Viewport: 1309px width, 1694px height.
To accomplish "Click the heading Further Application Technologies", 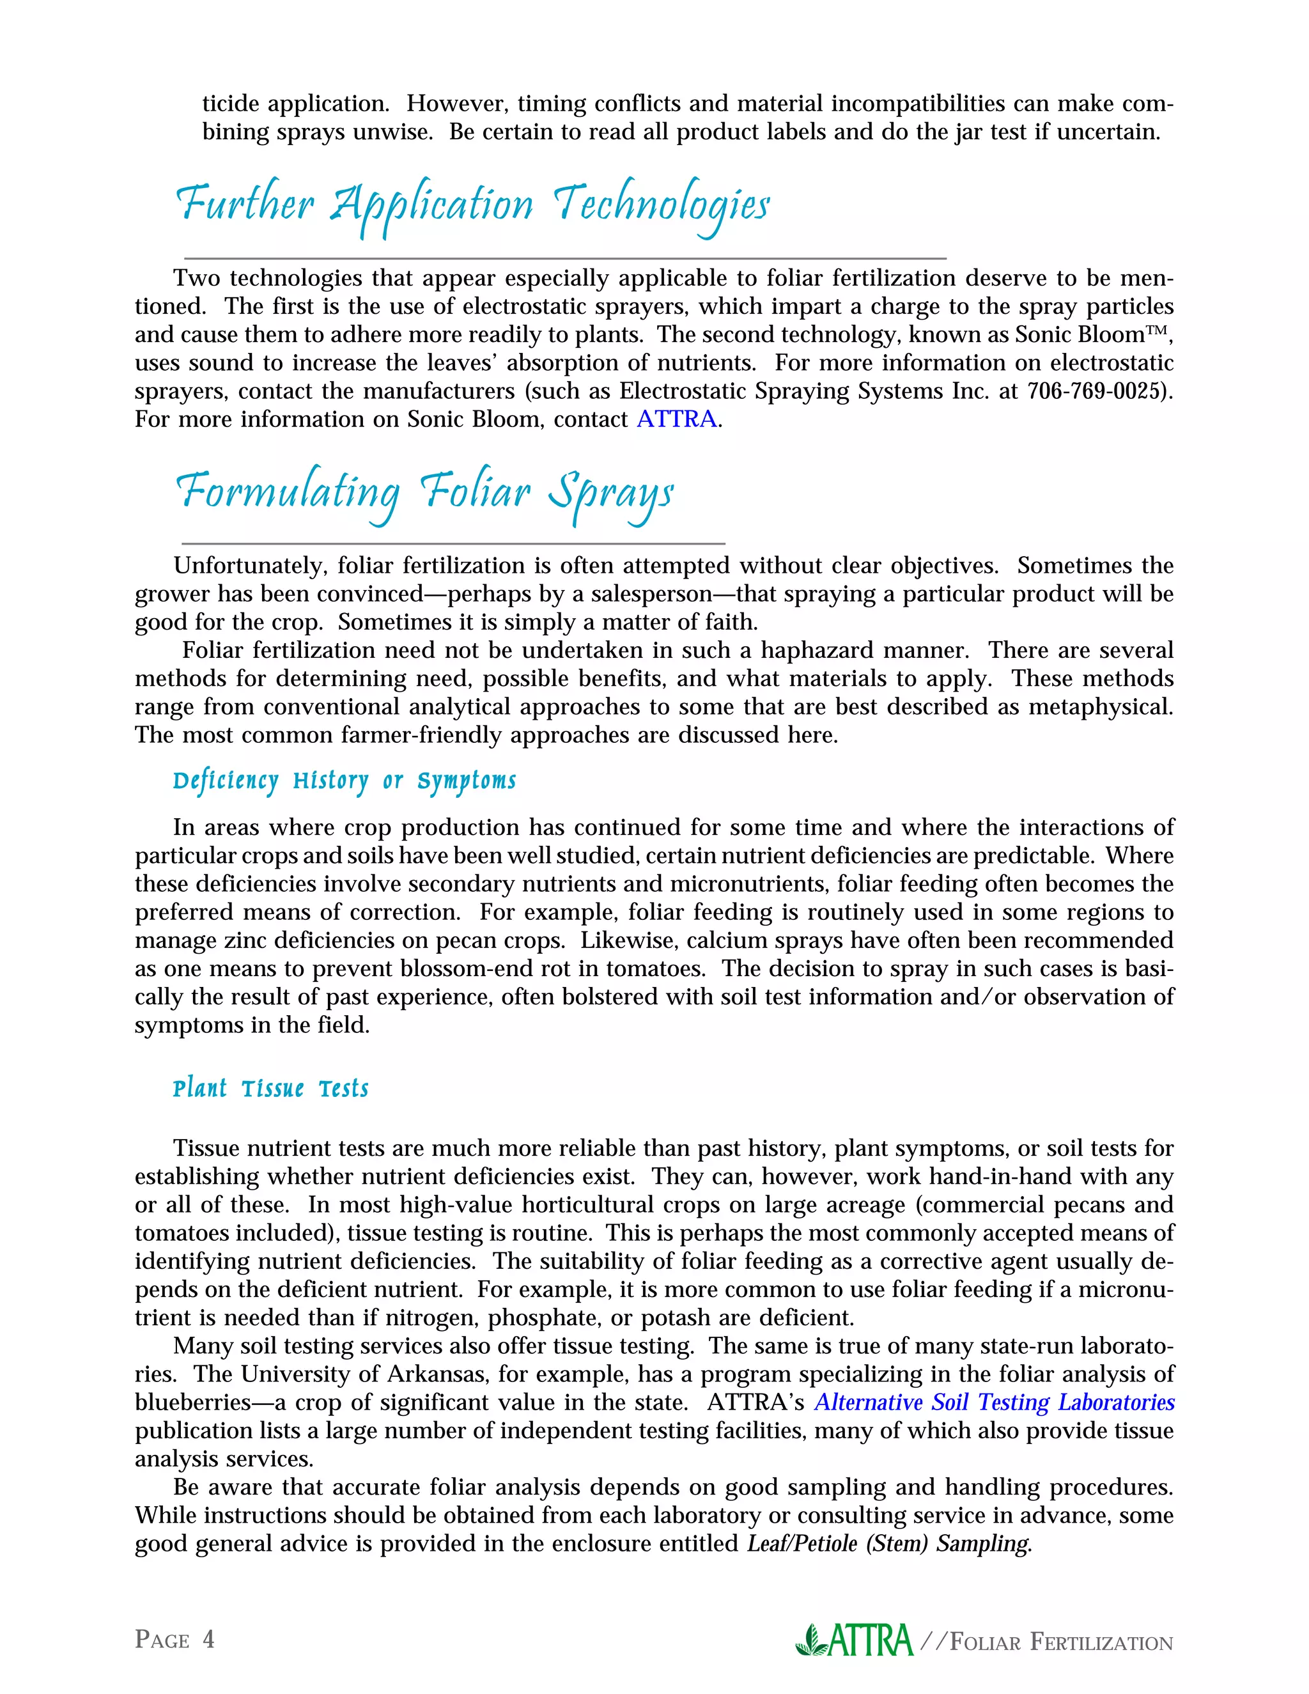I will [x=472, y=206].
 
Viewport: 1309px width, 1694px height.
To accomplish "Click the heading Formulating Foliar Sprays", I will [x=425, y=492].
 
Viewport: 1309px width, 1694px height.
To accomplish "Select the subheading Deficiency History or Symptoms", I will [x=345, y=781].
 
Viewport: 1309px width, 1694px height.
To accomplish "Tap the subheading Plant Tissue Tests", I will [x=270, y=1089].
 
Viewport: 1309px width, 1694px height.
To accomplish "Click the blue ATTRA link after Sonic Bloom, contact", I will [x=676, y=419].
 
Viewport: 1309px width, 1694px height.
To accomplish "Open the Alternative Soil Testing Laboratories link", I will [x=994, y=1403].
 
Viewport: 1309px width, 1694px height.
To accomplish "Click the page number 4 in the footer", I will [x=208, y=1639].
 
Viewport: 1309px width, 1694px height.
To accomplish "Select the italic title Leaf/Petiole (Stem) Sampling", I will [x=888, y=1544].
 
